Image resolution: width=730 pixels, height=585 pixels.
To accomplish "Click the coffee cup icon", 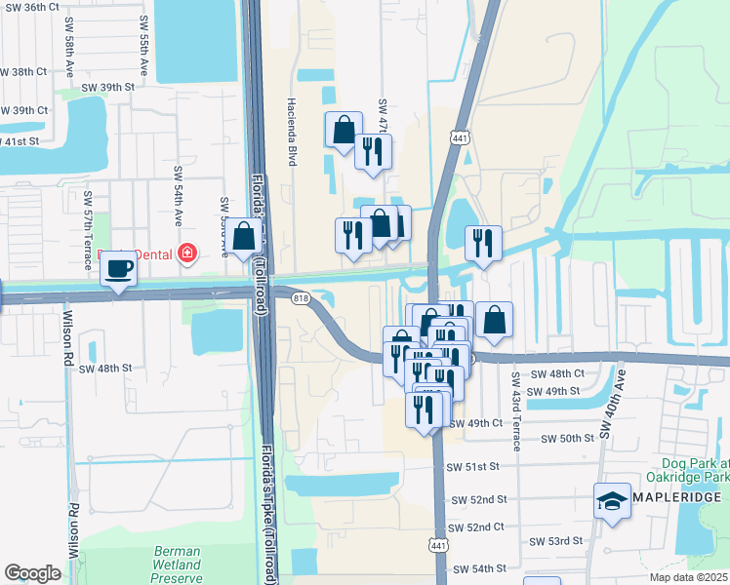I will (x=119, y=269).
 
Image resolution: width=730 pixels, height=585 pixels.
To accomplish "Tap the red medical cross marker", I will (x=186, y=254).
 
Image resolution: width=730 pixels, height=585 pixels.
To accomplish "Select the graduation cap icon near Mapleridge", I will (x=612, y=502).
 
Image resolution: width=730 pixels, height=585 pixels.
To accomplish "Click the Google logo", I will (x=33, y=573).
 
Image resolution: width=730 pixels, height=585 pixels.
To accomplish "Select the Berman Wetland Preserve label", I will (x=177, y=565).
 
